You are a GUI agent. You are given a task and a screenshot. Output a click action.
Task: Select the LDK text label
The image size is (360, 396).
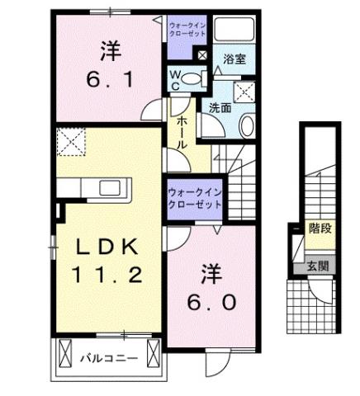click(105, 247)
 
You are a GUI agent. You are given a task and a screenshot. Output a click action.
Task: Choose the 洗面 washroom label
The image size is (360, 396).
click(219, 107)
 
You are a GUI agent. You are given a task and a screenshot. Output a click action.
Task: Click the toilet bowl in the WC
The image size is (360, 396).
click(191, 80)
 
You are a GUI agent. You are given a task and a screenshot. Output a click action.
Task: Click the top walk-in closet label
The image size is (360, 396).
click(186, 31)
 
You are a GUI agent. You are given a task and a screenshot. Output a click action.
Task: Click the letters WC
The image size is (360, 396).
click(175, 79)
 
